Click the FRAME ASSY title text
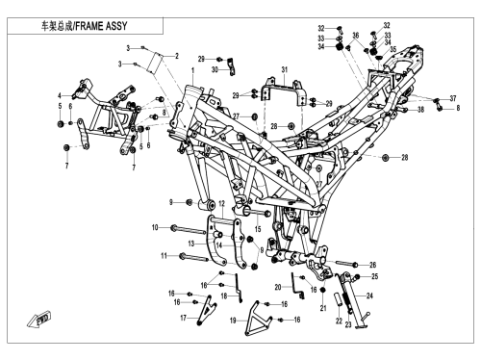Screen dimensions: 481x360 [x=84, y=26]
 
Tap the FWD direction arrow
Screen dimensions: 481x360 [x=38, y=320]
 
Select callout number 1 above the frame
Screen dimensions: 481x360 [x=193, y=70]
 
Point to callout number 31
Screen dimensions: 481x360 [x=285, y=69]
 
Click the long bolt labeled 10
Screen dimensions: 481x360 [x=189, y=229]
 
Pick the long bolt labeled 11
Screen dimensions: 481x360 [x=195, y=258]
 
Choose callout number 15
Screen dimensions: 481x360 [x=258, y=229]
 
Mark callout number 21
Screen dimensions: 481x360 [x=323, y=308]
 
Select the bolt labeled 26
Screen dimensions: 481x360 [x=347, y=264]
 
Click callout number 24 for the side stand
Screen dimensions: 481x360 [x=369, y=296]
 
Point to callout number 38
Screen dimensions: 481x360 [x=420, y=110]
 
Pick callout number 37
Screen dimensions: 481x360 [x=453, y=98]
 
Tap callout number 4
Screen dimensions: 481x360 [x=60, y=95]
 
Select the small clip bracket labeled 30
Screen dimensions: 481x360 [x=232, y=67]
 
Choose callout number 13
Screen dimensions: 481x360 [x=191, y=244]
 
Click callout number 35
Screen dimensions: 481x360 [x=393, y=49]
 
